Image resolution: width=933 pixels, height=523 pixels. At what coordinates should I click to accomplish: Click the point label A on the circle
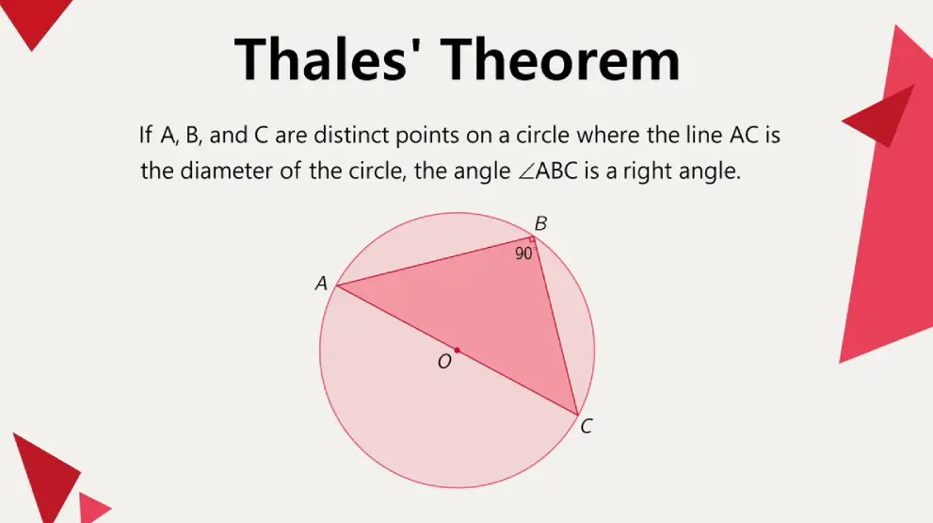pos(321,283)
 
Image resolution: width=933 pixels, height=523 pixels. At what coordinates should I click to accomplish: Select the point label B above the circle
pos(540,224)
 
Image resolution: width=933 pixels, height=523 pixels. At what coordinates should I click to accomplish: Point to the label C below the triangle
pos(586,427)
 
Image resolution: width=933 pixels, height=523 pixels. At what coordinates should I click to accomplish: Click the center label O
pos(444,361)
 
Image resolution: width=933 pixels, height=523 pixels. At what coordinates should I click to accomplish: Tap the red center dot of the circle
pos(458,350)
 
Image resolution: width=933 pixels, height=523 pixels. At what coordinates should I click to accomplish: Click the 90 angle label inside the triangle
pos(523,253)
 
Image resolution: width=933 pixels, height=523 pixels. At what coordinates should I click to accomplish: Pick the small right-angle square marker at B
pos(532,241)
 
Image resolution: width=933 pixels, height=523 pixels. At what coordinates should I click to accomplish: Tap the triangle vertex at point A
pos(337,285)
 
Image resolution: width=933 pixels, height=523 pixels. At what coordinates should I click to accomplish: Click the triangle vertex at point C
pos(578,414)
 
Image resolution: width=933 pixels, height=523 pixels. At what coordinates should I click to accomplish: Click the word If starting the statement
pos(146,135)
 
